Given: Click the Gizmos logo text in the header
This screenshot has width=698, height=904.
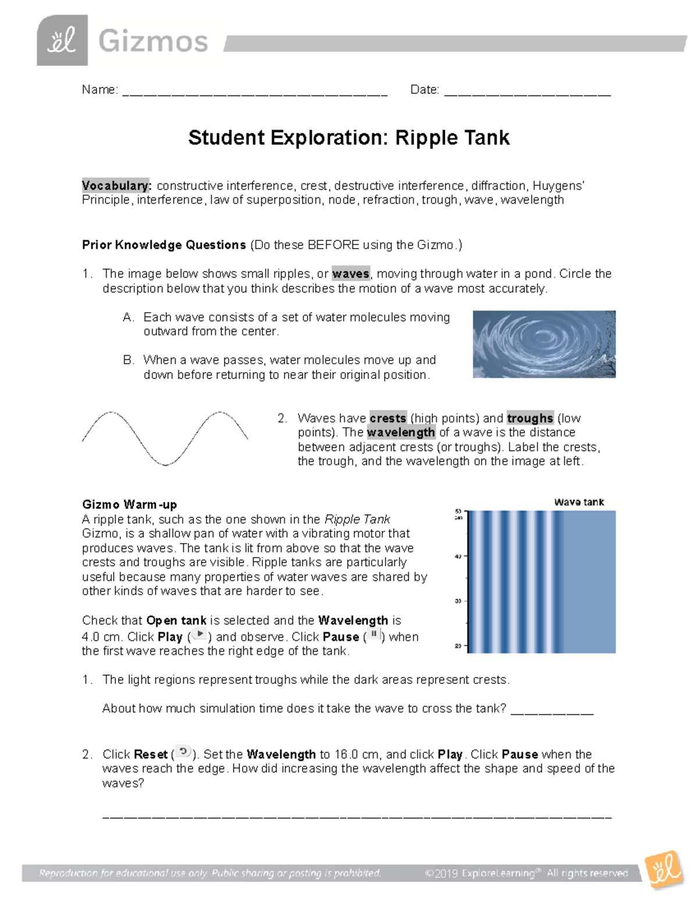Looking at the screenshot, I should [153, 42].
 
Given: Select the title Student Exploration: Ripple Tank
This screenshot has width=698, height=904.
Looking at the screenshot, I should [348, 138].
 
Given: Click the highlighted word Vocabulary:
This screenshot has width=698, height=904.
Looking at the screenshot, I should [116, 186].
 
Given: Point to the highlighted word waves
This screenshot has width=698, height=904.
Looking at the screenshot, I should [351, 274].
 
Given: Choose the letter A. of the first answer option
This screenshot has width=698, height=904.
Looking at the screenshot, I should [129, 317].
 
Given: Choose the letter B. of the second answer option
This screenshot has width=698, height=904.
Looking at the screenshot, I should [129, 360].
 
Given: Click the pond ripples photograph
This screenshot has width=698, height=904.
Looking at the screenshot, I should [544, 344].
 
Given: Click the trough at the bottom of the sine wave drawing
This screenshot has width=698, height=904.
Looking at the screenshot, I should [166, 464].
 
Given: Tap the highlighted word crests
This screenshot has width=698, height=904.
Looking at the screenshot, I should [388, 418].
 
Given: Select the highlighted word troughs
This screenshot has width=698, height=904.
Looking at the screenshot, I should [530, 418].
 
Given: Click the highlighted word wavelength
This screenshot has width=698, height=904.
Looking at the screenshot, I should [401, 432].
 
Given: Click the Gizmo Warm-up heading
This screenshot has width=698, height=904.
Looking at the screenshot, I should [129, 505].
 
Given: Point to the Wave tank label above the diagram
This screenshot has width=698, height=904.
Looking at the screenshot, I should [579, 502].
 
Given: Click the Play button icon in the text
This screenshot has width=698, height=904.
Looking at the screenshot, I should [200, 635].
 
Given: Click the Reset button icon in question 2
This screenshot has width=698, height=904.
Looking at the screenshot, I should [183, 752].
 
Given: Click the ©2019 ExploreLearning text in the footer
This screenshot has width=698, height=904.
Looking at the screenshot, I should [480, 873].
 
